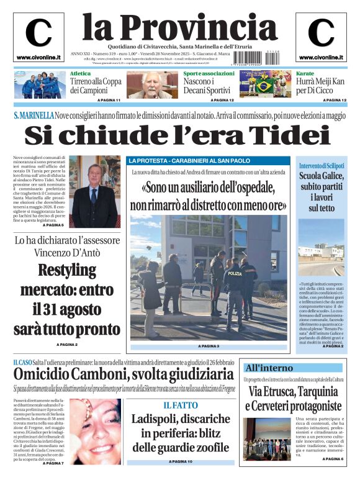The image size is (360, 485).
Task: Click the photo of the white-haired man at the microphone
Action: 151,85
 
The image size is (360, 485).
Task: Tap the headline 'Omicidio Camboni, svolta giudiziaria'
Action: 124,374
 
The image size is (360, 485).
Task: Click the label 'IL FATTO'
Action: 180,405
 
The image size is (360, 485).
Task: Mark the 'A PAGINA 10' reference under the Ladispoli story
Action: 180,462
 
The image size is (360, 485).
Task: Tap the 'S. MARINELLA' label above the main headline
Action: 33,115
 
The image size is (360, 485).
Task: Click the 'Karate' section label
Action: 288,73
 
